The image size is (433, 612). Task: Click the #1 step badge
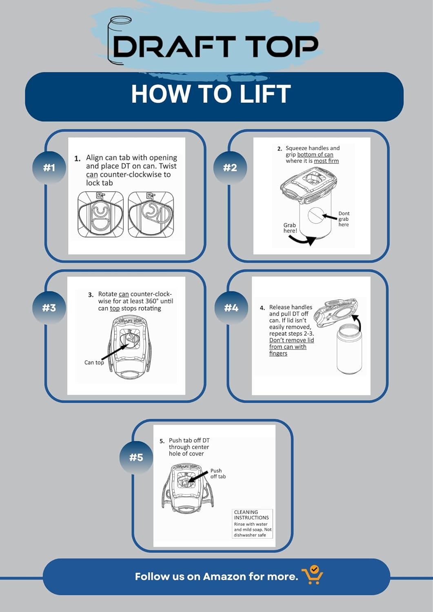[49, 167]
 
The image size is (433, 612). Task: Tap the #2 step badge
[230, 167]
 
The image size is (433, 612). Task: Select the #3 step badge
[49, 308]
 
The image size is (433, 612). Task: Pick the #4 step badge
[231, 308]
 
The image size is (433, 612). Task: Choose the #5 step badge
[136, 457]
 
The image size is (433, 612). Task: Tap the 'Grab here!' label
[290, 228]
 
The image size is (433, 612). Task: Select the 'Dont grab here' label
[344, 219]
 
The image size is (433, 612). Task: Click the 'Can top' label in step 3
[94, 363]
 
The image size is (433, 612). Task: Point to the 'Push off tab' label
[218, 473]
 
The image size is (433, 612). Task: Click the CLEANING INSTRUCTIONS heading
[251, 515]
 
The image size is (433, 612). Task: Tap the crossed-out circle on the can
[316, 215]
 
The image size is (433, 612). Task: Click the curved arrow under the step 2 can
[302, 240]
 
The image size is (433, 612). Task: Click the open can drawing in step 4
[349, 349]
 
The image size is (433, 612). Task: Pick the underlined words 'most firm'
[326, 161]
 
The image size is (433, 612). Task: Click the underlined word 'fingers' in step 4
[278, 354]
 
